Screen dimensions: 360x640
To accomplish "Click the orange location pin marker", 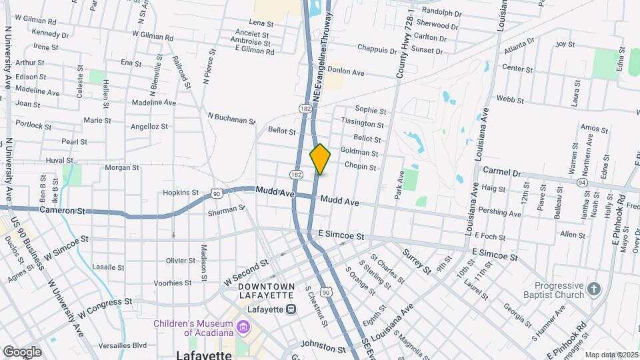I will pos(320,159).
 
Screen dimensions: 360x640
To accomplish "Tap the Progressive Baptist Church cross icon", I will pos(594,290).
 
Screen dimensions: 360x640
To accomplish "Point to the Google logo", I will pos(22,351).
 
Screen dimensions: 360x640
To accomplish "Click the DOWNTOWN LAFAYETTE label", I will pos(267,291).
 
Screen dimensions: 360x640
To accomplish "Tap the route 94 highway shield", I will pos(582,182).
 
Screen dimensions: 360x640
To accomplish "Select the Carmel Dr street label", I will pos(501,172).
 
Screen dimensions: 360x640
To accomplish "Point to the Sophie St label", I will pos(371,109).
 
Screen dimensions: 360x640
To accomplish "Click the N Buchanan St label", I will pos(231,118).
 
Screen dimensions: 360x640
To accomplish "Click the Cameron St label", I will pos(63,211).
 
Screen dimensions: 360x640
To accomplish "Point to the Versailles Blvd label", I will pos(120,345).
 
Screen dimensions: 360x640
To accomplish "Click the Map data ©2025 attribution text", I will pos(611,355).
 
